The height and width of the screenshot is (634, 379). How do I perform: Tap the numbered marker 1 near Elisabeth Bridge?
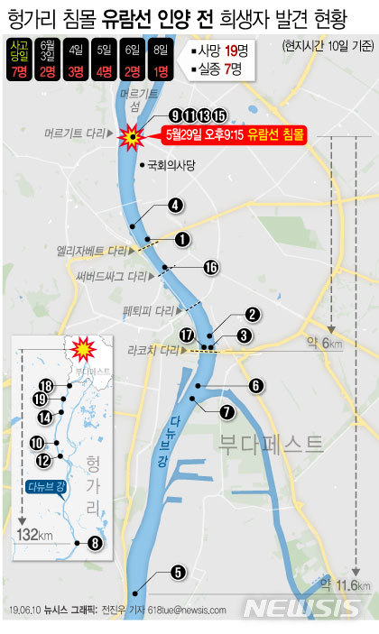pyautogui.click(x=182, y=239)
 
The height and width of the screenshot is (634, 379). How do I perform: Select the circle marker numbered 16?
pyautogui.click(x=211, y=267)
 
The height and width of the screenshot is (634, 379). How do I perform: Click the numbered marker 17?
pyautogui.click(x=187, y=335)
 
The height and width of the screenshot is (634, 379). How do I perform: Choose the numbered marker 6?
pyautogui.click(x=256, y=385)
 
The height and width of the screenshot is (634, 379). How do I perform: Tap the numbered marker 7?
pyautogui.click(x=226, y=411)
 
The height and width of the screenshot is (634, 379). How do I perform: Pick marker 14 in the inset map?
pyautogui.click(x=44, y=417)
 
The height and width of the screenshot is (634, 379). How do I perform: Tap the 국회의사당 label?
pyautogui.click(x=171, y=165)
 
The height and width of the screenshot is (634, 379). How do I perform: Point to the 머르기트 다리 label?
pyautogui.click(x=78, y=133)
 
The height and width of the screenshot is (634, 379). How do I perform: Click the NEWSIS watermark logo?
pyautogui.click(x=307, y=608)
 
